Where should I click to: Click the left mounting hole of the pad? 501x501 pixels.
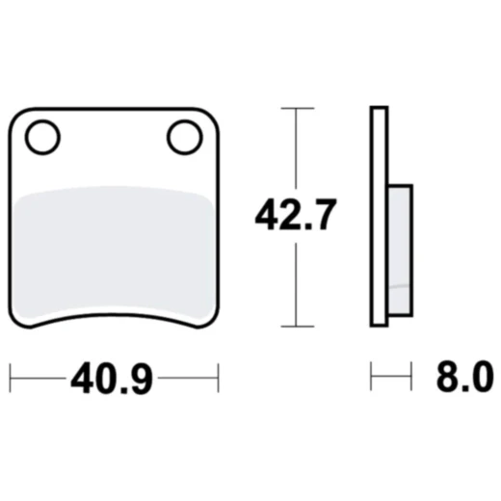click(x=42, y=139)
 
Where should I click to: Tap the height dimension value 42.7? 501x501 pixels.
click(x=295, y=214)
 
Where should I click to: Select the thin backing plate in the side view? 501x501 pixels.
click(x=378, y=218)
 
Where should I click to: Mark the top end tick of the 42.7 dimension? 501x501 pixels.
click(x=296, y=109)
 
